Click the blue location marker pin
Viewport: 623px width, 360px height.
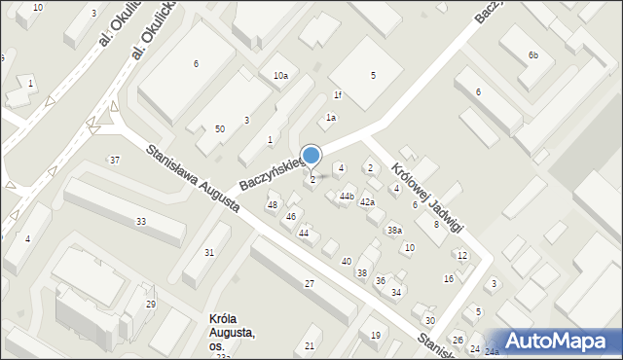click(311, 156)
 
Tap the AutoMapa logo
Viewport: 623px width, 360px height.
click(552, 341)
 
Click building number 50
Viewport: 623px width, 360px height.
click(220, 129)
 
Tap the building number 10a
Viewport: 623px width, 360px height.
click(280, 75)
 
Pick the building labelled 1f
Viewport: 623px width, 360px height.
click(338, 94)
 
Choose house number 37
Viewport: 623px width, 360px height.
click(115, 160)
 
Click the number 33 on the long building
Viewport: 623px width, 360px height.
click(141, 222)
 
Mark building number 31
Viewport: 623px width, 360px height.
click(209, 253)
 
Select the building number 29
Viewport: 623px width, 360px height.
click(151, 305)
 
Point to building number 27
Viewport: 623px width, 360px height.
click(309, 283)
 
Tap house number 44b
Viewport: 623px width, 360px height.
click(346, 196)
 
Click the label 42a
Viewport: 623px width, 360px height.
click(367, 202)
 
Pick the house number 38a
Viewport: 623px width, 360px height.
click(394, 230)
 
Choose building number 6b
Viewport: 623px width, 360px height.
click(532, 55)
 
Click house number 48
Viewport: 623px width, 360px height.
click(273, 204)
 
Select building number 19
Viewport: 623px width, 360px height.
click(376, 336)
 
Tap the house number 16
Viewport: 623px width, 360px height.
click(449, 279)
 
